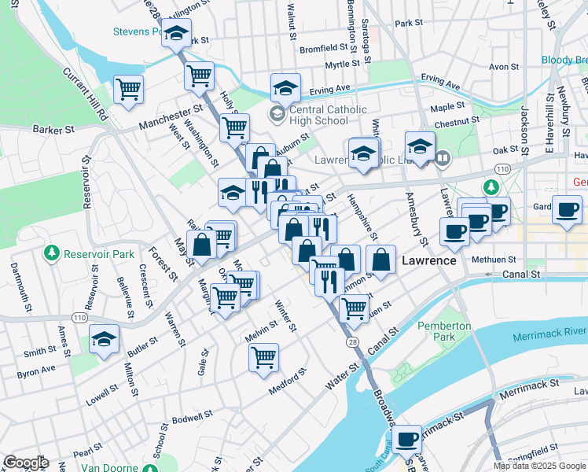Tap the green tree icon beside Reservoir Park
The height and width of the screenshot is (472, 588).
(52, 253)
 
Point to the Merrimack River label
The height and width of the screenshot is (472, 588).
(549, 336)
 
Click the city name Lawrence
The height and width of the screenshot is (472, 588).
(429, 260)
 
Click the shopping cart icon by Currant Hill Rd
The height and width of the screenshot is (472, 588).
(128, 88)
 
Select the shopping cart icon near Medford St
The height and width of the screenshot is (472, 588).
(263, 357)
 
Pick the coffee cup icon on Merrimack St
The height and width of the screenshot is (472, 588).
(407, 439)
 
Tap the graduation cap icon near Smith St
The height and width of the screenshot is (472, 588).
(104, 340)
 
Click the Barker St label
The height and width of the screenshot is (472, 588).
(53, 128)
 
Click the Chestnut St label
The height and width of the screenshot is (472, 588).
(456, 122)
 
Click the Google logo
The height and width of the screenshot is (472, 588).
(25, 463)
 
